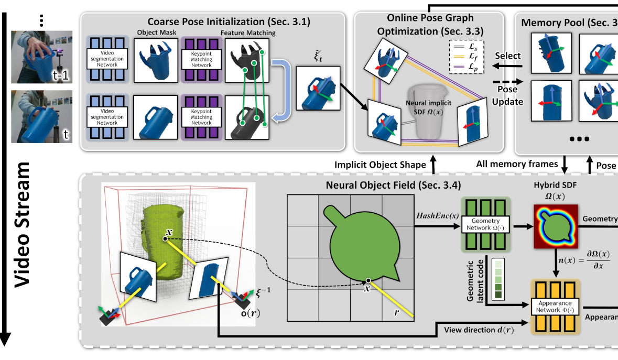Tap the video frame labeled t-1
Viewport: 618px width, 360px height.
(x=41, y=57)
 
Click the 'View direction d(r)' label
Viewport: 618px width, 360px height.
(x=478, y=330)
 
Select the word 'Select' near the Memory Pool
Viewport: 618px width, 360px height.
(x=507, y=56)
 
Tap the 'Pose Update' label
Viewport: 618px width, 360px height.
(x=508, y=96)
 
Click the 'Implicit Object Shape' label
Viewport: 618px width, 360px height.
(x=381, y=165)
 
